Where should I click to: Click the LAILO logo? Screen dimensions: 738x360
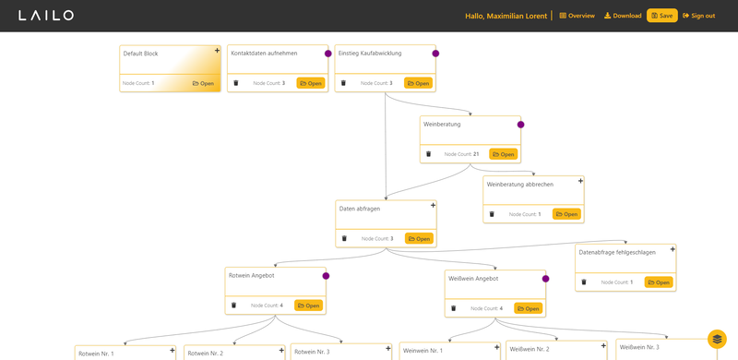click(x=46, y=16)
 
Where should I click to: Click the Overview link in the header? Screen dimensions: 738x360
click(x=577, y=16)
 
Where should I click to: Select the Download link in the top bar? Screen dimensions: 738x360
click(x=623, y=16)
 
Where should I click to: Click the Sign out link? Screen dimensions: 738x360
click(x=699, y=16)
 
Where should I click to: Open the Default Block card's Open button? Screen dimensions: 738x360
click(x=203, y=83)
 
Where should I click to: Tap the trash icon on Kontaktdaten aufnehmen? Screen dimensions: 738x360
click(x=236, y=83)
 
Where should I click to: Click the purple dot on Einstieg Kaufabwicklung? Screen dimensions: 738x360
click(x=435, y=54)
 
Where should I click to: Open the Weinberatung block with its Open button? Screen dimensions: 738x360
click(x=503, y=154)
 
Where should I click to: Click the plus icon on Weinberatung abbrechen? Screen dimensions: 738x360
click(x=580, y=181)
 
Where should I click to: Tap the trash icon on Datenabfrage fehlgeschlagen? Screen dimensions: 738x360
click(x=584, y=282)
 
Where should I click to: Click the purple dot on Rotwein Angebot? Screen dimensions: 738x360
click(x=326, y=276)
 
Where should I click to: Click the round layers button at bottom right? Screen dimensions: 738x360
click(x=717, y=339)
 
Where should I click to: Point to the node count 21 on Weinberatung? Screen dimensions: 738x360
click(x=476, y=154)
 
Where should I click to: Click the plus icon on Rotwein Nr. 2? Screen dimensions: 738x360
click(x=281, y=350)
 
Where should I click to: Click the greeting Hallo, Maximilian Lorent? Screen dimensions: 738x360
click(x=506, y=16)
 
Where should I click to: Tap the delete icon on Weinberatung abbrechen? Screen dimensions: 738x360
click(x=492, y=214)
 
